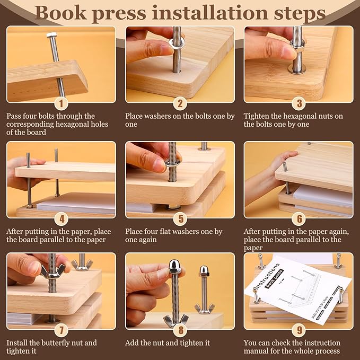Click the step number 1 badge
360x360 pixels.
tap(62, 103)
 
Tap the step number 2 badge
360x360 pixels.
tap(180, 103)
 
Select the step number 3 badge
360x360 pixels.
tap(298, 103)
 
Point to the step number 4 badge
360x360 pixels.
tap(62, 218)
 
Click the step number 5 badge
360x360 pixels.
tap(180, 218)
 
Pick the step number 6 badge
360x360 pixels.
tap(298, 218)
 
